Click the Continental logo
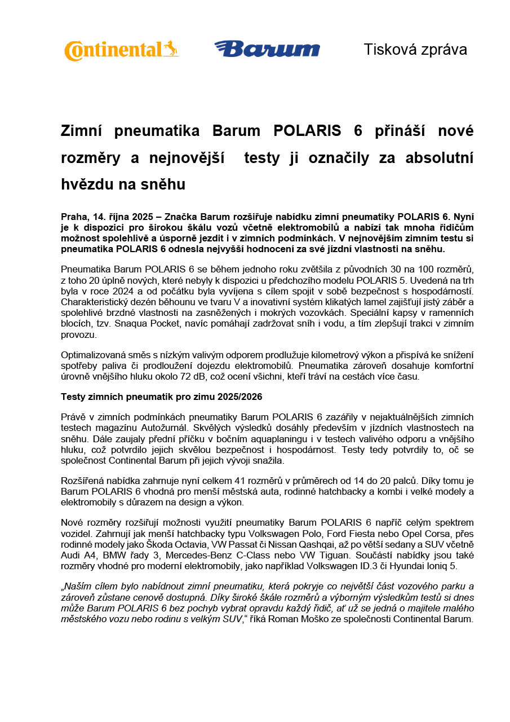[x=121, y=50]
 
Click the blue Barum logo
[x=267, y=49]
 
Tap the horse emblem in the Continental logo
[x=170, y=49]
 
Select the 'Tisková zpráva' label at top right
[x=415, y=50]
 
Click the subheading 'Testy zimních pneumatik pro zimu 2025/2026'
[x=161, y=397]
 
